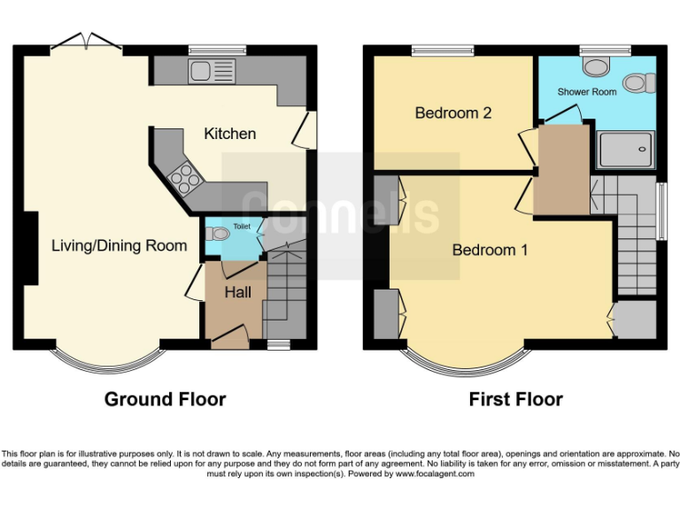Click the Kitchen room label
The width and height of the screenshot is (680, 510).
(230, 134)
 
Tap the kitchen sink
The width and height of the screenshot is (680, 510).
(212, 71)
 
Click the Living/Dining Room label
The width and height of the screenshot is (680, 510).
(120, 245)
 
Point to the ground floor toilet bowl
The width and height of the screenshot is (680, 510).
(217, 234)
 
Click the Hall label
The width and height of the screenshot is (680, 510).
(237, 292)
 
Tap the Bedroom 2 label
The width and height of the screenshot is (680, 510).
(453, 112)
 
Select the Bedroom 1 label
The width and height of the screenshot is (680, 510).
(490, 250)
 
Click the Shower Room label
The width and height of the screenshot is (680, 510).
(587, 92)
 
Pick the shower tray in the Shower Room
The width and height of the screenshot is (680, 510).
(626, 150)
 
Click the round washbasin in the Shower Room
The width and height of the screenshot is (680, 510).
(596, 66)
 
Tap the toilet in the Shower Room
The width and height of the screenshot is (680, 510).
(639, 82)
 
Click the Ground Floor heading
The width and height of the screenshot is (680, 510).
(166, 399)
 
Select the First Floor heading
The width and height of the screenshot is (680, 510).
(515, 399)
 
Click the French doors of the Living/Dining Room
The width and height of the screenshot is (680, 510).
(86, 41)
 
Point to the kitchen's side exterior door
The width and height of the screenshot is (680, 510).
(305, 129)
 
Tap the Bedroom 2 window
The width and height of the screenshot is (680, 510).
(443, 50)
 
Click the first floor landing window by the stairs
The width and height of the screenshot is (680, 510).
(661, 212)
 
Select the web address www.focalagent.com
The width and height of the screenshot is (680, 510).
(435, 474)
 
